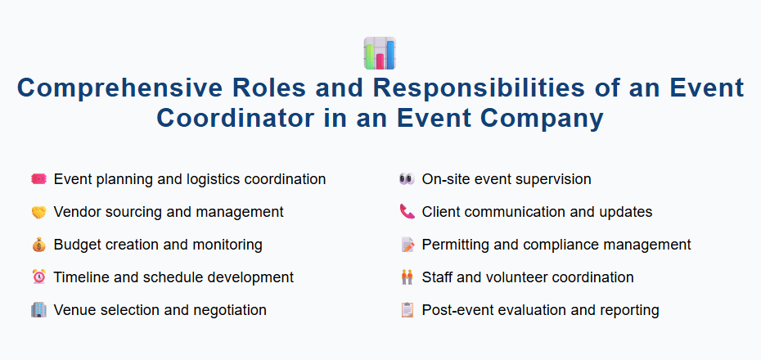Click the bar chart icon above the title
click(x=380, y=53)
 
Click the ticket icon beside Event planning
click(x=38, y=179)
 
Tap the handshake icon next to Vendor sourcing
click(x=38, y=212)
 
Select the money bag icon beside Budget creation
click(x=38, y=245)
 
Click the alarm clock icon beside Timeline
click(x=38, y=277)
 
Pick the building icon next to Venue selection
click(x=38, y=310)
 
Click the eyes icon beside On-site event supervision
click(x=407, y=179)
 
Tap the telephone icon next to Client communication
click(x=407, y=212)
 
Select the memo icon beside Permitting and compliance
click(x=407, y=245)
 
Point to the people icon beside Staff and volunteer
click(x=407, y=277)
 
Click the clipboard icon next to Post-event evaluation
click(x=407, y=310)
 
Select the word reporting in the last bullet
click(x=629, y=310)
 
